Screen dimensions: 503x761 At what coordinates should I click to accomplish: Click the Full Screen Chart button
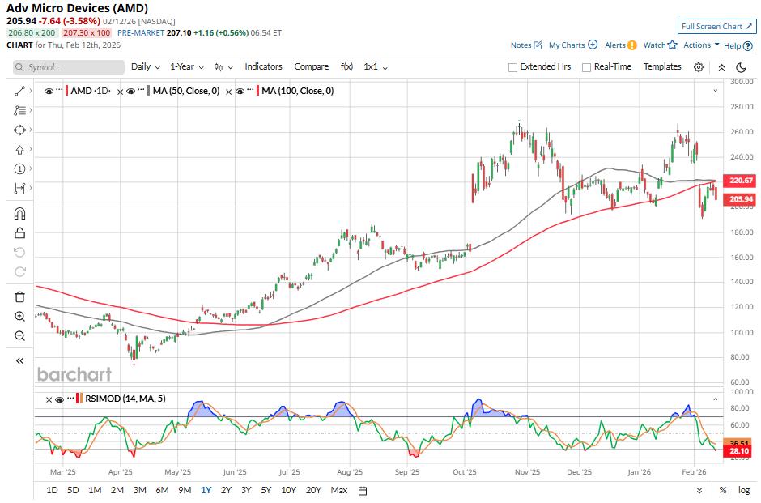click(716, 27)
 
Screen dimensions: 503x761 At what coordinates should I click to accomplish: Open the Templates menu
click(662, 66)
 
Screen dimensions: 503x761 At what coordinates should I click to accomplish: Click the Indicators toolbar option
click(263, 66)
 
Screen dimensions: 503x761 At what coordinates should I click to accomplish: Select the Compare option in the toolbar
click(311, 66)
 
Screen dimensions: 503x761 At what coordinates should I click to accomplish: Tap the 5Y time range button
click(267, 490)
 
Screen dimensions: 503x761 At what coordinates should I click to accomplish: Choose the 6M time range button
click(162, 490)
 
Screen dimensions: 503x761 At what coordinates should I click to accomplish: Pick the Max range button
click(339, 490)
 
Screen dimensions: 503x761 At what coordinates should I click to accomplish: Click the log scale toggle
click(744, 490)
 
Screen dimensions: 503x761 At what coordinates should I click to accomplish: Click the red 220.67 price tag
click(742, 181)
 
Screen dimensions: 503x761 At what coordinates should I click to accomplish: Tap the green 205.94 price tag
click(742, 199)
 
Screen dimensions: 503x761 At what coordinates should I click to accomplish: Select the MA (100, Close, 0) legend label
click(297, 92)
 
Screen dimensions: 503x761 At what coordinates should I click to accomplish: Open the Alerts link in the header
click(615, 45)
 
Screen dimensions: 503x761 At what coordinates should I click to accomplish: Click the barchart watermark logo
click(74, 374)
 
